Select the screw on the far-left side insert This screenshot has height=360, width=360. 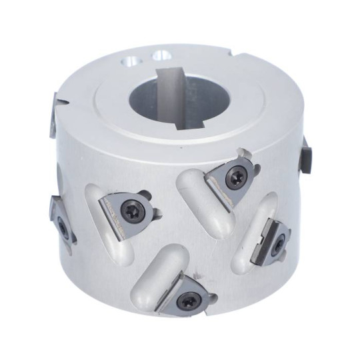62,226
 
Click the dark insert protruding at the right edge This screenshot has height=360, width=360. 307,156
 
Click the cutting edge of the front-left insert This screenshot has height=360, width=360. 115,224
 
